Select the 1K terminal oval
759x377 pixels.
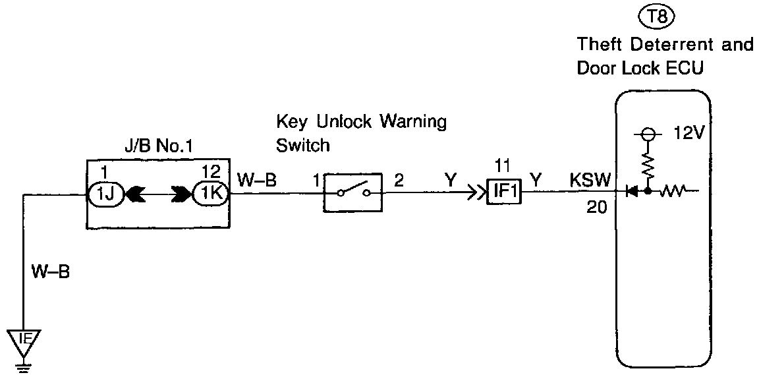[x=209, y=194]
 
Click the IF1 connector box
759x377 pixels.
[x=504, y=193]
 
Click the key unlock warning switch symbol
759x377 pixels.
[x=352, y=194]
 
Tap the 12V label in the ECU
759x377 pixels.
[x=690, y=133]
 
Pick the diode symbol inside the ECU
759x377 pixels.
[x=631, y=192]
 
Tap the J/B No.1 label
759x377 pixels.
[x=159, y=147]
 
